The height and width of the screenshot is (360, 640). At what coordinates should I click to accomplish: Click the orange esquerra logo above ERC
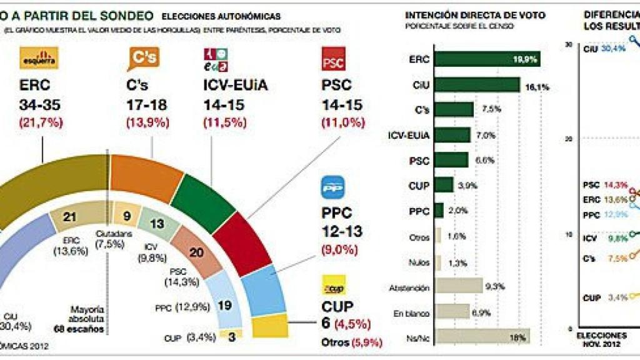[x=39, y=58]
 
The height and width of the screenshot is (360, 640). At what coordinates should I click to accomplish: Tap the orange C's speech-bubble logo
[x=143, y=58]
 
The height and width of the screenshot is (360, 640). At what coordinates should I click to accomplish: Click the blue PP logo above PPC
[x=334, y=187]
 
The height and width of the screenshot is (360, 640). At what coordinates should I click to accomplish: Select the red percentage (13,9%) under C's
[x=147, y=122]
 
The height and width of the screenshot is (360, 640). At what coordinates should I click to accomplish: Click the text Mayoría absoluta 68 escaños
[x=87, y=319]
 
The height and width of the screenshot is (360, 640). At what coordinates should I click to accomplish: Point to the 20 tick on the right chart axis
[x=567, y=139]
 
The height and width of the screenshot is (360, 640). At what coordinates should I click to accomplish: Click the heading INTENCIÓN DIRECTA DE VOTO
[x=475, y=15]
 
